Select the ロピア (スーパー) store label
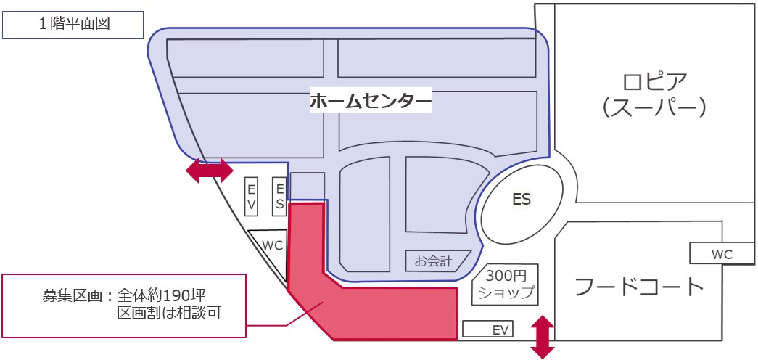pos(654,93)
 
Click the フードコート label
pos(639,286)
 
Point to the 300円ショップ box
pos(506,284)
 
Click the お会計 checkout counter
pos(433,260)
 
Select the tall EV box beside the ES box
pos(252,196)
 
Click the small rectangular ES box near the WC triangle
pos(279,196)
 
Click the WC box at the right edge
pos(722,254)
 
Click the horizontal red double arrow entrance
pos(210,171)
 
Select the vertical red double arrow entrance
pos(541,337)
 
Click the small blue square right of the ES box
pos(307,186)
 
